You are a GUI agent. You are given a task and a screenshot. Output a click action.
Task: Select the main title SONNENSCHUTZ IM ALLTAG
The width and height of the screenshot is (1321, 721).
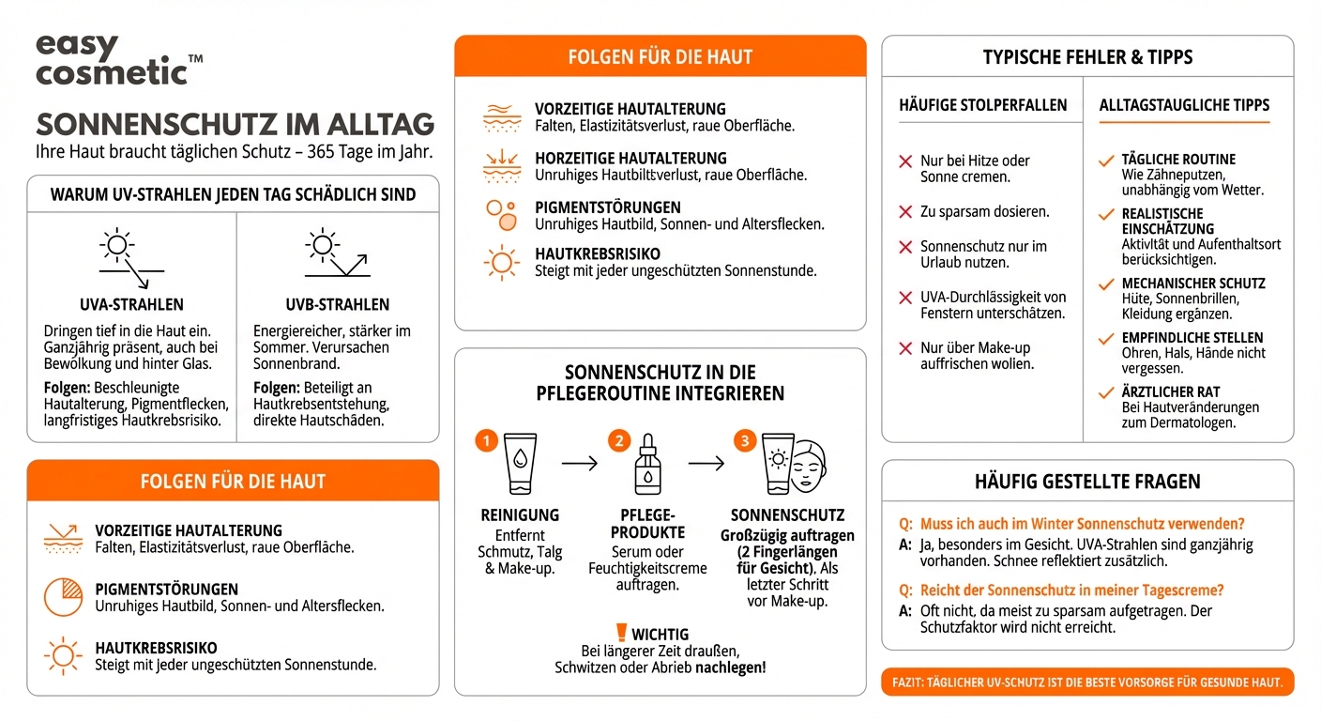click(x=235, y=125)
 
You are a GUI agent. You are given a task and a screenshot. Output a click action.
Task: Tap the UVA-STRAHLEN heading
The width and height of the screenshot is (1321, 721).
click(x=131, y=304)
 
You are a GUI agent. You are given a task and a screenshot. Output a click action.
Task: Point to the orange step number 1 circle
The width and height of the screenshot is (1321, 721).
click(x=485, y=440)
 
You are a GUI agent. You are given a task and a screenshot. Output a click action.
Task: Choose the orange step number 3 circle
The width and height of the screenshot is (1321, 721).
click(x=744, y=440)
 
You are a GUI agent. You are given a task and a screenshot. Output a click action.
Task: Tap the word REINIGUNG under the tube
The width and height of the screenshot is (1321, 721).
click(x=520, y=515)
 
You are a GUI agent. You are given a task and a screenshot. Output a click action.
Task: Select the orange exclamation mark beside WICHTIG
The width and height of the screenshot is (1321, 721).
click(x=620, y=634)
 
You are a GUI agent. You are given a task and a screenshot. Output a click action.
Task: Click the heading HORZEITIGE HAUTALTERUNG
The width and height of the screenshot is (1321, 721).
click(x=630, y=159)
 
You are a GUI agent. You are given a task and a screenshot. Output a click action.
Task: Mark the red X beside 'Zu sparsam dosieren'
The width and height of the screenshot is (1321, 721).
click(x=905, y=212)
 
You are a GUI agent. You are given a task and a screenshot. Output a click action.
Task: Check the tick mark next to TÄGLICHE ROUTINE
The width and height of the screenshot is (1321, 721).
click(x=1106, y=161)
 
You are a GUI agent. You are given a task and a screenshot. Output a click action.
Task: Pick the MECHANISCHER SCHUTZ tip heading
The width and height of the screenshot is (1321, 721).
click(x=1192, y=284)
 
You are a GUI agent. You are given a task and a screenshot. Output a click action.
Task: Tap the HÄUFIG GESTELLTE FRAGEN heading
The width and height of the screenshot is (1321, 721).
click(x=1087, y=482)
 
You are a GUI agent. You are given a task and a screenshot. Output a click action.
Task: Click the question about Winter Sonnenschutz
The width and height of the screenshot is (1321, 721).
click(x=1082, y=524)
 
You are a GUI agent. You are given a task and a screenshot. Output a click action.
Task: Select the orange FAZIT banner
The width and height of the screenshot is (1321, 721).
click(x=1086, y=683)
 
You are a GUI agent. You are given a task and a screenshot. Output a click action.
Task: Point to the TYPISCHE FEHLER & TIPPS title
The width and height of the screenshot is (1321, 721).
click(x=1087, y=57)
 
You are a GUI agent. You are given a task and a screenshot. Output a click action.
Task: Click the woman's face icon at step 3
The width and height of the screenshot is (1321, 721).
click(x=810, y=465)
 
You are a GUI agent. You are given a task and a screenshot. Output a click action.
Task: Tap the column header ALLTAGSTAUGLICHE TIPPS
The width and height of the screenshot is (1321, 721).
click(x=1184, y=105)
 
